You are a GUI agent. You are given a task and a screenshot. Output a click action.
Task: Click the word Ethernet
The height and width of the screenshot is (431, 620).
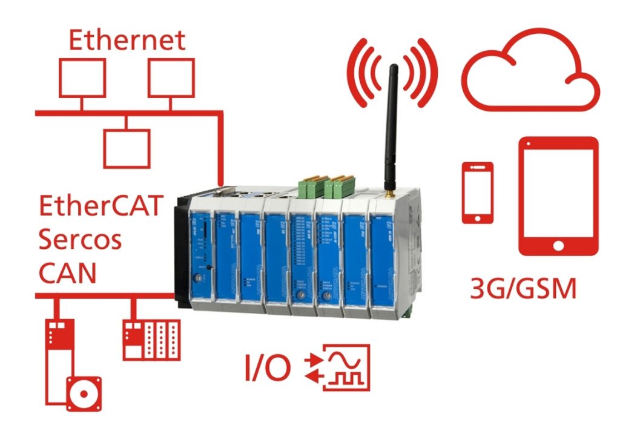(127, 41)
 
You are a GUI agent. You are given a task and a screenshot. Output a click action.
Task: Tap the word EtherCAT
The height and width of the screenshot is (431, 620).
(101, 207)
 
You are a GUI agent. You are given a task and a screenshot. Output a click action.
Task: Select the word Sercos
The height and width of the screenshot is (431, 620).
(81, 240)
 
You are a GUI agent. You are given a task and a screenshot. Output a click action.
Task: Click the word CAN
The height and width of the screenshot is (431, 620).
(68, 274)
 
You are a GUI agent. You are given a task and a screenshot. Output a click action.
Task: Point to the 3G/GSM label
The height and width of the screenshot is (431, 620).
(523, 289)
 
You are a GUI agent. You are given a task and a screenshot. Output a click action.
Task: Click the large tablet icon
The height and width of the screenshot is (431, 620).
(558, 196)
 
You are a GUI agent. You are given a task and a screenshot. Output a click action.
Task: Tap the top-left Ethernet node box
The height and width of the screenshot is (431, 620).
(82, 78)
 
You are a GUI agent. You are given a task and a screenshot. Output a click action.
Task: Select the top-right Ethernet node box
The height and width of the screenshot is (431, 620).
(171, 78)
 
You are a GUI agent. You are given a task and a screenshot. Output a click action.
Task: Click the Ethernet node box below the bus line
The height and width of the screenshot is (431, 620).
(126, 148)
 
